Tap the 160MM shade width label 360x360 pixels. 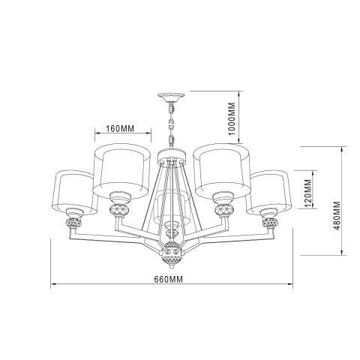[120, 128]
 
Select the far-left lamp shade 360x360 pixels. [73, 192]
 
